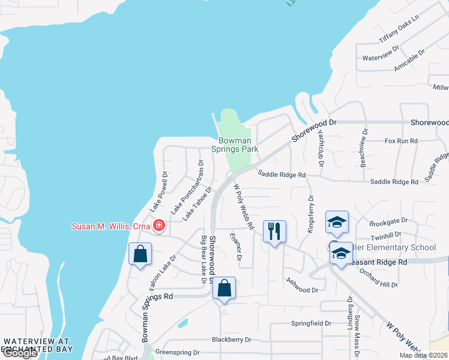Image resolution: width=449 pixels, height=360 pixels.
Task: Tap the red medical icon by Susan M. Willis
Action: pos(159,226)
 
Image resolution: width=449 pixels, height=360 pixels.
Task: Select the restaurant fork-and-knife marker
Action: pos(274,232)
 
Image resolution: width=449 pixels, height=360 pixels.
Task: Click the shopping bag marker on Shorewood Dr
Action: pos(224,288)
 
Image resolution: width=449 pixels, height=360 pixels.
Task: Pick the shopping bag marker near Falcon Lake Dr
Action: pos(140,254)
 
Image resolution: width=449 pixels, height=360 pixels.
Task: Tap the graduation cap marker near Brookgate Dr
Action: pos(337,222)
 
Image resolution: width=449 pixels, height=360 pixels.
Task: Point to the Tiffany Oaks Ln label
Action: pos(398,31)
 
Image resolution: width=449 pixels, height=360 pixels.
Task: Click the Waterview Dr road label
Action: pos(381,53)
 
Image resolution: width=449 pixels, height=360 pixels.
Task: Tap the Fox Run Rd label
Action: pos(401,141)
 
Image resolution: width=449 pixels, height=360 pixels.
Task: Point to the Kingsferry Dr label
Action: pos(310,213)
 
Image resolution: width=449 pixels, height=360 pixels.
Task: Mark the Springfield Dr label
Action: pos(311,323)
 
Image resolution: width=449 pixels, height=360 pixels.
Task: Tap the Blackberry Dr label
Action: pos(231,340)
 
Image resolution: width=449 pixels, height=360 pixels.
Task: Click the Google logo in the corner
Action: pos(19,353)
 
